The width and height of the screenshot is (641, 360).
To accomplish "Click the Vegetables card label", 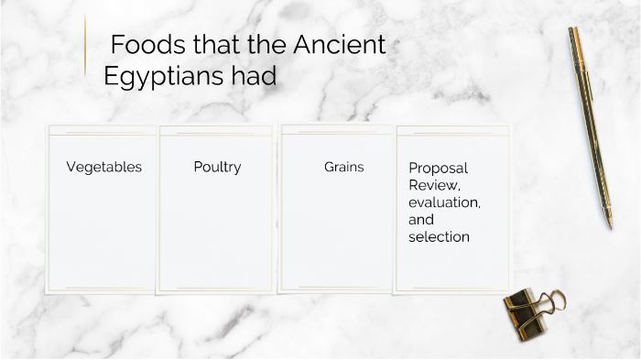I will pyautogui.click(x=104, y=168).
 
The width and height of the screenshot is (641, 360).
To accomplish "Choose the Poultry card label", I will pyautogui.click(x=217, y=168).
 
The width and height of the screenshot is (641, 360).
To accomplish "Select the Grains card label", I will pyautogui.click(x=343, y=168).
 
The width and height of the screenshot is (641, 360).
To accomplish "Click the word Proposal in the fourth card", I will pyautogui.click(x=438, y=169).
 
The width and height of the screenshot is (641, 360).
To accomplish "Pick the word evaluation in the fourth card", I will pyautogui.click(x=444, y=202).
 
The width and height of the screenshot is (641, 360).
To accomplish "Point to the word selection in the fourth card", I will pyautogui.click(x=439, y=237).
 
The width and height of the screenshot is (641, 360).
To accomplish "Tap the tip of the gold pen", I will pyautogui.click(x=609, y=225).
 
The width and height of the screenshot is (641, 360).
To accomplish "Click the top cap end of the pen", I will pyautogui.click(x=572, y=30).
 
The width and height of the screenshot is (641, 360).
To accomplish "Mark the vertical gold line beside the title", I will pyautogui.click(x=85, y=45).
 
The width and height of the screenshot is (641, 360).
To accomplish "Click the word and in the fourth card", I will pyautogui.click(x=421, y=220).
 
